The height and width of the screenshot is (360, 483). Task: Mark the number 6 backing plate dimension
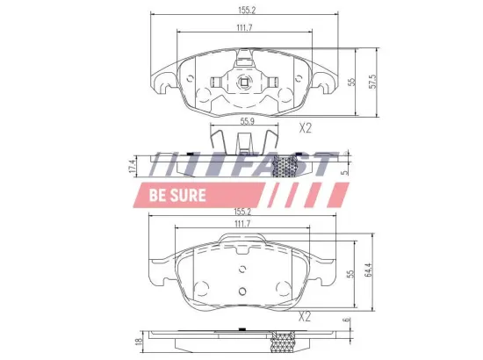[x=348, y=321]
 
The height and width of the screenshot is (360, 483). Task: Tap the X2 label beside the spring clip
[x=305, y=128]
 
